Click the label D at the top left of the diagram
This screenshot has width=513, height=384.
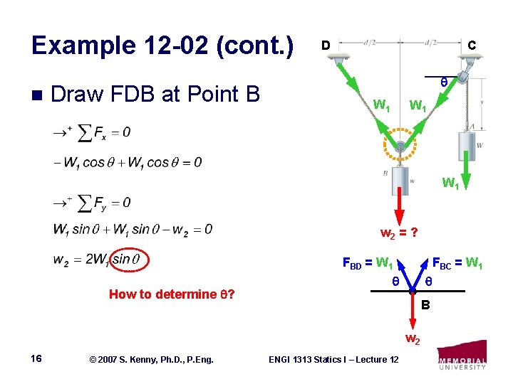click(324, 45)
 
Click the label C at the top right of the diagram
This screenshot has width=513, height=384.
click(472, 45)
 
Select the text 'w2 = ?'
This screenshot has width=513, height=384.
click(398, 233)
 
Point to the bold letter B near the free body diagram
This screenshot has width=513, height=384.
click(425, 306)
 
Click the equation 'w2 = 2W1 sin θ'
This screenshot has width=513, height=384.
click(100, 259)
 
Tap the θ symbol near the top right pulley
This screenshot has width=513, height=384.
click(443, 82)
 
